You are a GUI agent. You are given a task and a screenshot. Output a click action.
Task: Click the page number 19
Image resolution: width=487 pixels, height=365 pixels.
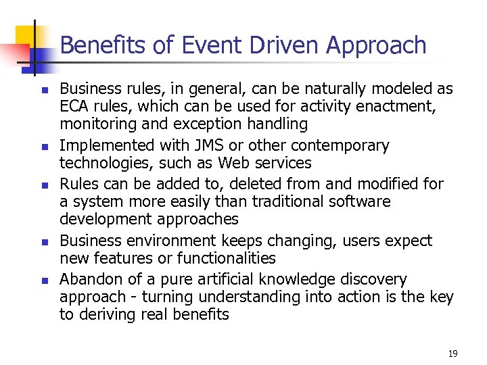(x=453, y=354)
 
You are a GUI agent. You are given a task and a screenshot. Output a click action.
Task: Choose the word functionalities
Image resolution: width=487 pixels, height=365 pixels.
(x=227, y=258)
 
